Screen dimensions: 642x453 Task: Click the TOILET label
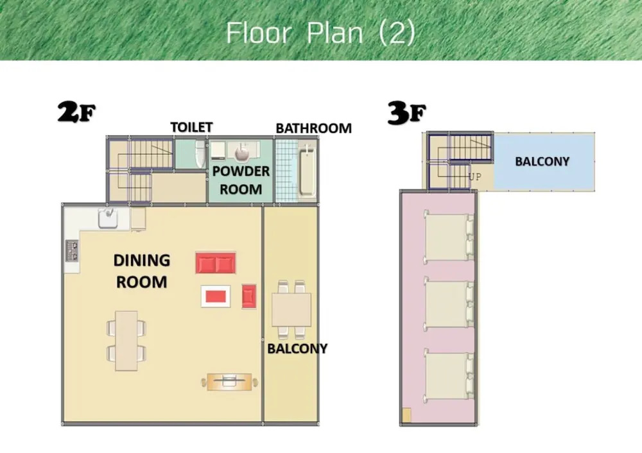(191, 127)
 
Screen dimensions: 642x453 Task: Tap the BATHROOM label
(314, 128)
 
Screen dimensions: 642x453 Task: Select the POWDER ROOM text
(241, 180)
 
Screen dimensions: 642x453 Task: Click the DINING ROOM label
(142, 271)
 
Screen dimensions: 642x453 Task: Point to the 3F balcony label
(542, 162)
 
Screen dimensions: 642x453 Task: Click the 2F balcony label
(297, 348)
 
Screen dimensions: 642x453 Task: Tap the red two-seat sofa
(216, 262)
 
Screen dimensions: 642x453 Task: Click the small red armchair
(249, 296)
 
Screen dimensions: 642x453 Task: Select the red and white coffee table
(216, 296)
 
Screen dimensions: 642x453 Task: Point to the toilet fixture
(200, 154)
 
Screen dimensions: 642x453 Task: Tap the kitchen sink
(108, 218)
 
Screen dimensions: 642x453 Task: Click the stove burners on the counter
(72, 250)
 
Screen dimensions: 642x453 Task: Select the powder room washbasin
(243, 153)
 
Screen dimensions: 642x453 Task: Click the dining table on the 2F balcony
(291, 310)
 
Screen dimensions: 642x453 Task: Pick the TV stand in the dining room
(229, 382)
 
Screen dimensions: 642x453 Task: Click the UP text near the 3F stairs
(475, 177)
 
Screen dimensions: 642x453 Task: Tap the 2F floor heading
(76, 112)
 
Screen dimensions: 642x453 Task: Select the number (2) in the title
(397, 33)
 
